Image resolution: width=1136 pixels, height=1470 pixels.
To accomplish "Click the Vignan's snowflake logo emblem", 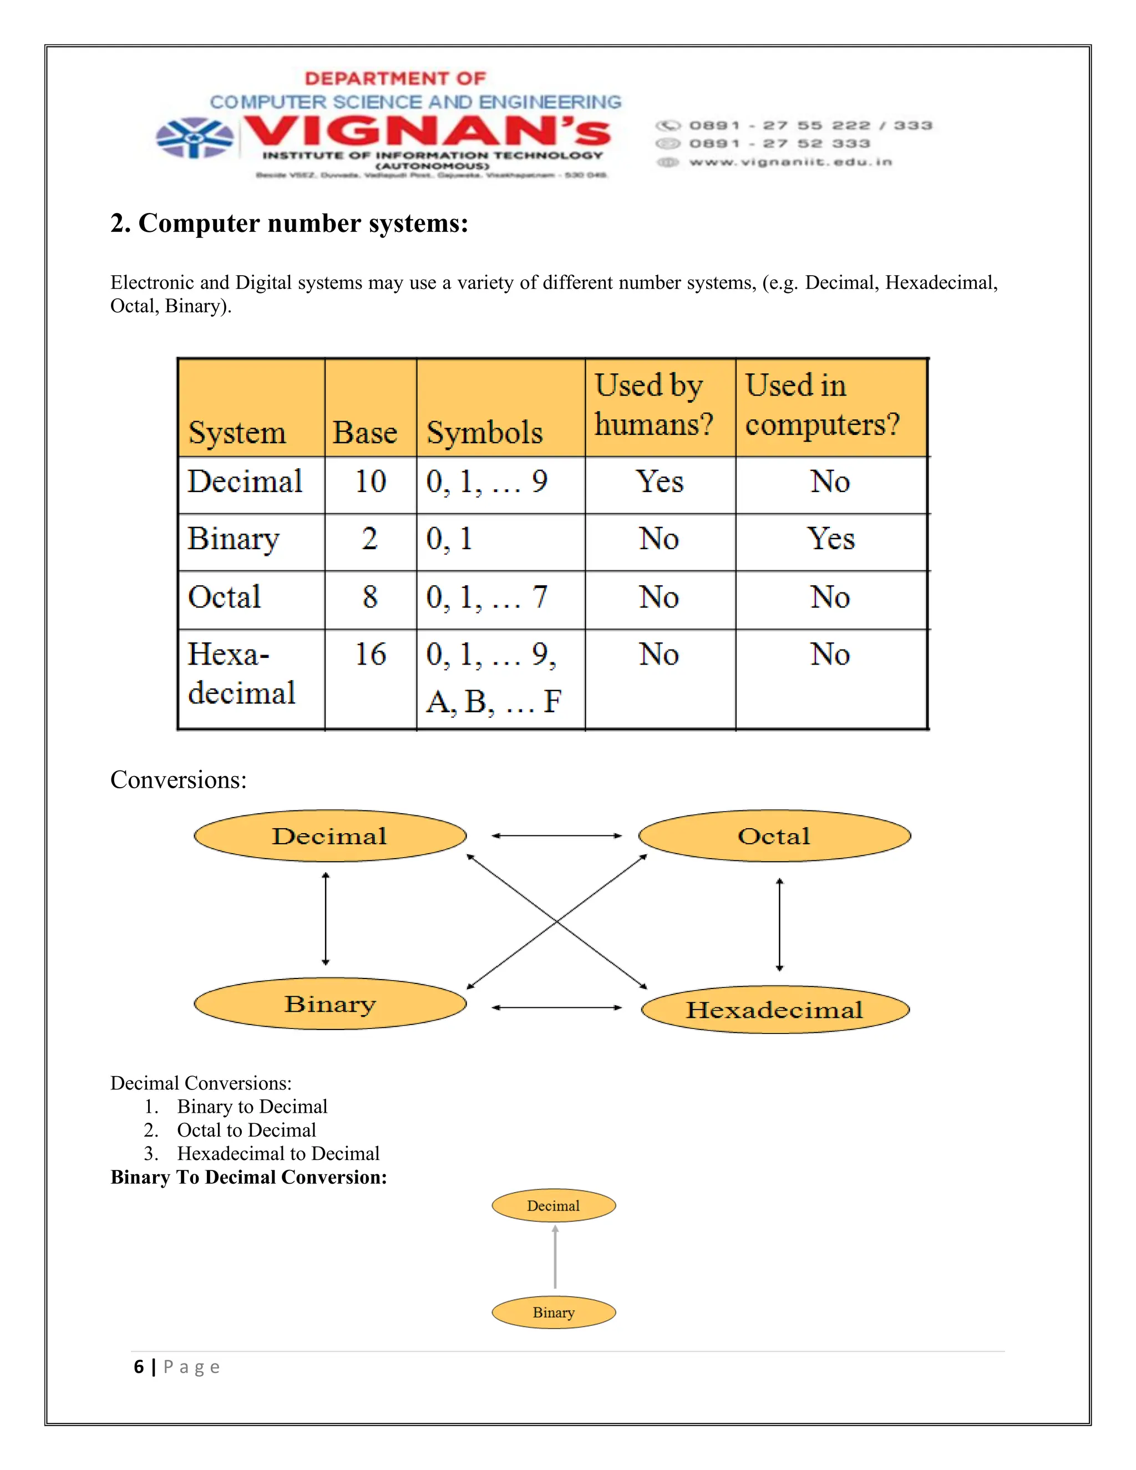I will point(195,138).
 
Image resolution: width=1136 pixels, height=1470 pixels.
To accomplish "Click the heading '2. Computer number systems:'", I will point(290,223).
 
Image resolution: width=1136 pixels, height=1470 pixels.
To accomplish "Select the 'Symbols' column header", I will point(485,432).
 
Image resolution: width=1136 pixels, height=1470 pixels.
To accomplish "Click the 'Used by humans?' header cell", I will point(653,405).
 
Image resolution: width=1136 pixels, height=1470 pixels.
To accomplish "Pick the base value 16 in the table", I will point(370,654).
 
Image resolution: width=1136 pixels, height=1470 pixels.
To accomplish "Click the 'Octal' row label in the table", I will point(224,597).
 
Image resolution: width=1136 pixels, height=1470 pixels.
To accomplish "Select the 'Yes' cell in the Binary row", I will point(830,539).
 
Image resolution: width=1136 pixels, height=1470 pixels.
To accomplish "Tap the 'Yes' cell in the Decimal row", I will point(660,482).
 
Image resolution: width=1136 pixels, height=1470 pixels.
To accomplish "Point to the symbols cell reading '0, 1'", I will point(449,539).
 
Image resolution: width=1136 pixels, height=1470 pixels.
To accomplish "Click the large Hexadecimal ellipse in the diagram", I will point(774,1010).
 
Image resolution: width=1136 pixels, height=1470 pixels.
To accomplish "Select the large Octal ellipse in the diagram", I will point(774,836).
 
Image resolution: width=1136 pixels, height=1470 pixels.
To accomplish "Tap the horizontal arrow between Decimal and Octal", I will point(556,836).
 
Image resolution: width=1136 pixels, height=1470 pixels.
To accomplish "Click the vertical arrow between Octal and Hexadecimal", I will point(779,924).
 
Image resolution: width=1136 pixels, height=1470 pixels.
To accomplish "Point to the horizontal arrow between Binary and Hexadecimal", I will point(556,1007).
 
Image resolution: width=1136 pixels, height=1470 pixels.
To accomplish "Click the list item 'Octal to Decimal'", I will point(246,1130).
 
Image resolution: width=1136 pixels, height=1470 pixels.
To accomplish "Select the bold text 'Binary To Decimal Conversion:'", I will point(249,1177).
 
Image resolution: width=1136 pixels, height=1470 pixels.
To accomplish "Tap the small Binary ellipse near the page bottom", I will point(553,1312).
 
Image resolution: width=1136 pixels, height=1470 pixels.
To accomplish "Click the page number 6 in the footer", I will point(139,1367).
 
